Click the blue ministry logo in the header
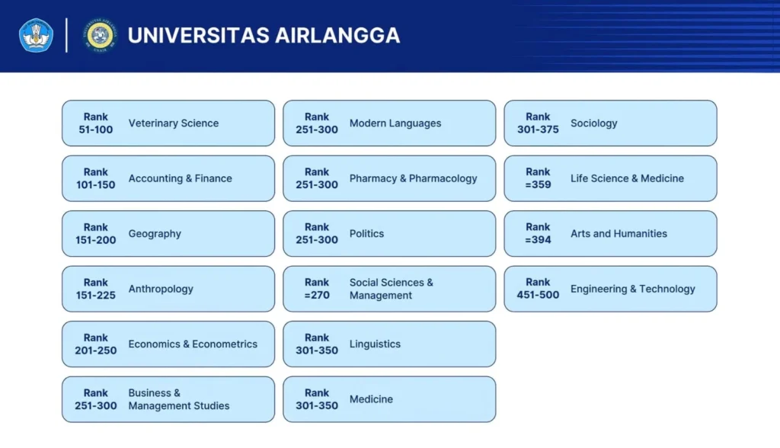point(36,35)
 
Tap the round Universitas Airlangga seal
point(100,35)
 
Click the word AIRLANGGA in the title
point(337,35)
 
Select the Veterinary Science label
point(174,123)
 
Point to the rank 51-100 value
point(95,130)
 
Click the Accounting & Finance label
point(180,178)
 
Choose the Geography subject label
point(155,233)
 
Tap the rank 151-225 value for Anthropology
point(95,295)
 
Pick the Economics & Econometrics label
point(193,344)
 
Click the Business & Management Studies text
point(179,399)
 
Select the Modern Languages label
point(395,123)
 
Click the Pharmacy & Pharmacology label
point(414,178)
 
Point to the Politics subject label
point(366,233)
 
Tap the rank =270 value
point(317,295)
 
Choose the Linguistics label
point(375,344)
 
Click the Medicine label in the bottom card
point(371,399)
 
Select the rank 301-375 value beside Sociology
point(538,130)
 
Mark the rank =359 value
point(538,184)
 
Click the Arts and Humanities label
point(619,233)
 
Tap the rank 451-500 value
point(538,295)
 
